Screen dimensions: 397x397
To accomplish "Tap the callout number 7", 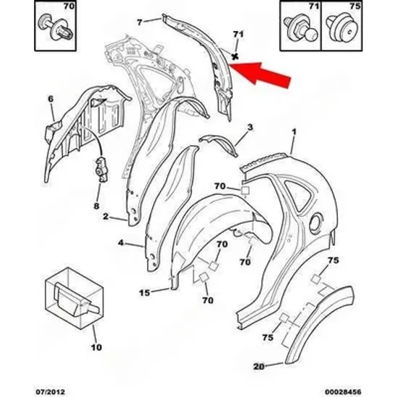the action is pyautogui.click(x=139, y=22).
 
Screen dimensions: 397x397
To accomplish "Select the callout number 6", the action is pyautogui.click(x=51, y=99).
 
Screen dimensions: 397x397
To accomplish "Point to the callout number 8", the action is pyautogui.click(x=97, y=206).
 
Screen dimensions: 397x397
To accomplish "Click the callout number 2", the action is pyautogui.click(x=106, y=217).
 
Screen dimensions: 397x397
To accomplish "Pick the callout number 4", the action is pyautogui.click(x=121, y=243).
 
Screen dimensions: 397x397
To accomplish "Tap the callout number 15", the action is pyautogui.click(x=144, y=292).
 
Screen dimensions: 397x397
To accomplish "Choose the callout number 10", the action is pyautogui.click(x=96, y=347).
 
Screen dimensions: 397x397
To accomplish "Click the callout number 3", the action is pyautogui.click(x=250, y=127).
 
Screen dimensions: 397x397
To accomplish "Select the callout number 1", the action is pyautogui.click(x=294, y=132).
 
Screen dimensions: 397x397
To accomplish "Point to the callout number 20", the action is pyautogui.click(x=258, y=366).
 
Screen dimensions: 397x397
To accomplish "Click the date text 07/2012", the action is pyautogui.click(x=50, y=392).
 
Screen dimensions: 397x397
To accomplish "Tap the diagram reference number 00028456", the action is pyautogui.click(x=343, y=392).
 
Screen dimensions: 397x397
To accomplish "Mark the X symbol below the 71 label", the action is pyautogui.click(x=235, y=57).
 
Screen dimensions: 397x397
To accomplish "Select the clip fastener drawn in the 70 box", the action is pyautogui.click(x=56, y=27).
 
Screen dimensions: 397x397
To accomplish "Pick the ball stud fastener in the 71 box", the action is pyautogui.click(x=300, y=28).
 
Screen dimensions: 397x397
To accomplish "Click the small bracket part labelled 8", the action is pyautogui.click(x=102, y=169).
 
